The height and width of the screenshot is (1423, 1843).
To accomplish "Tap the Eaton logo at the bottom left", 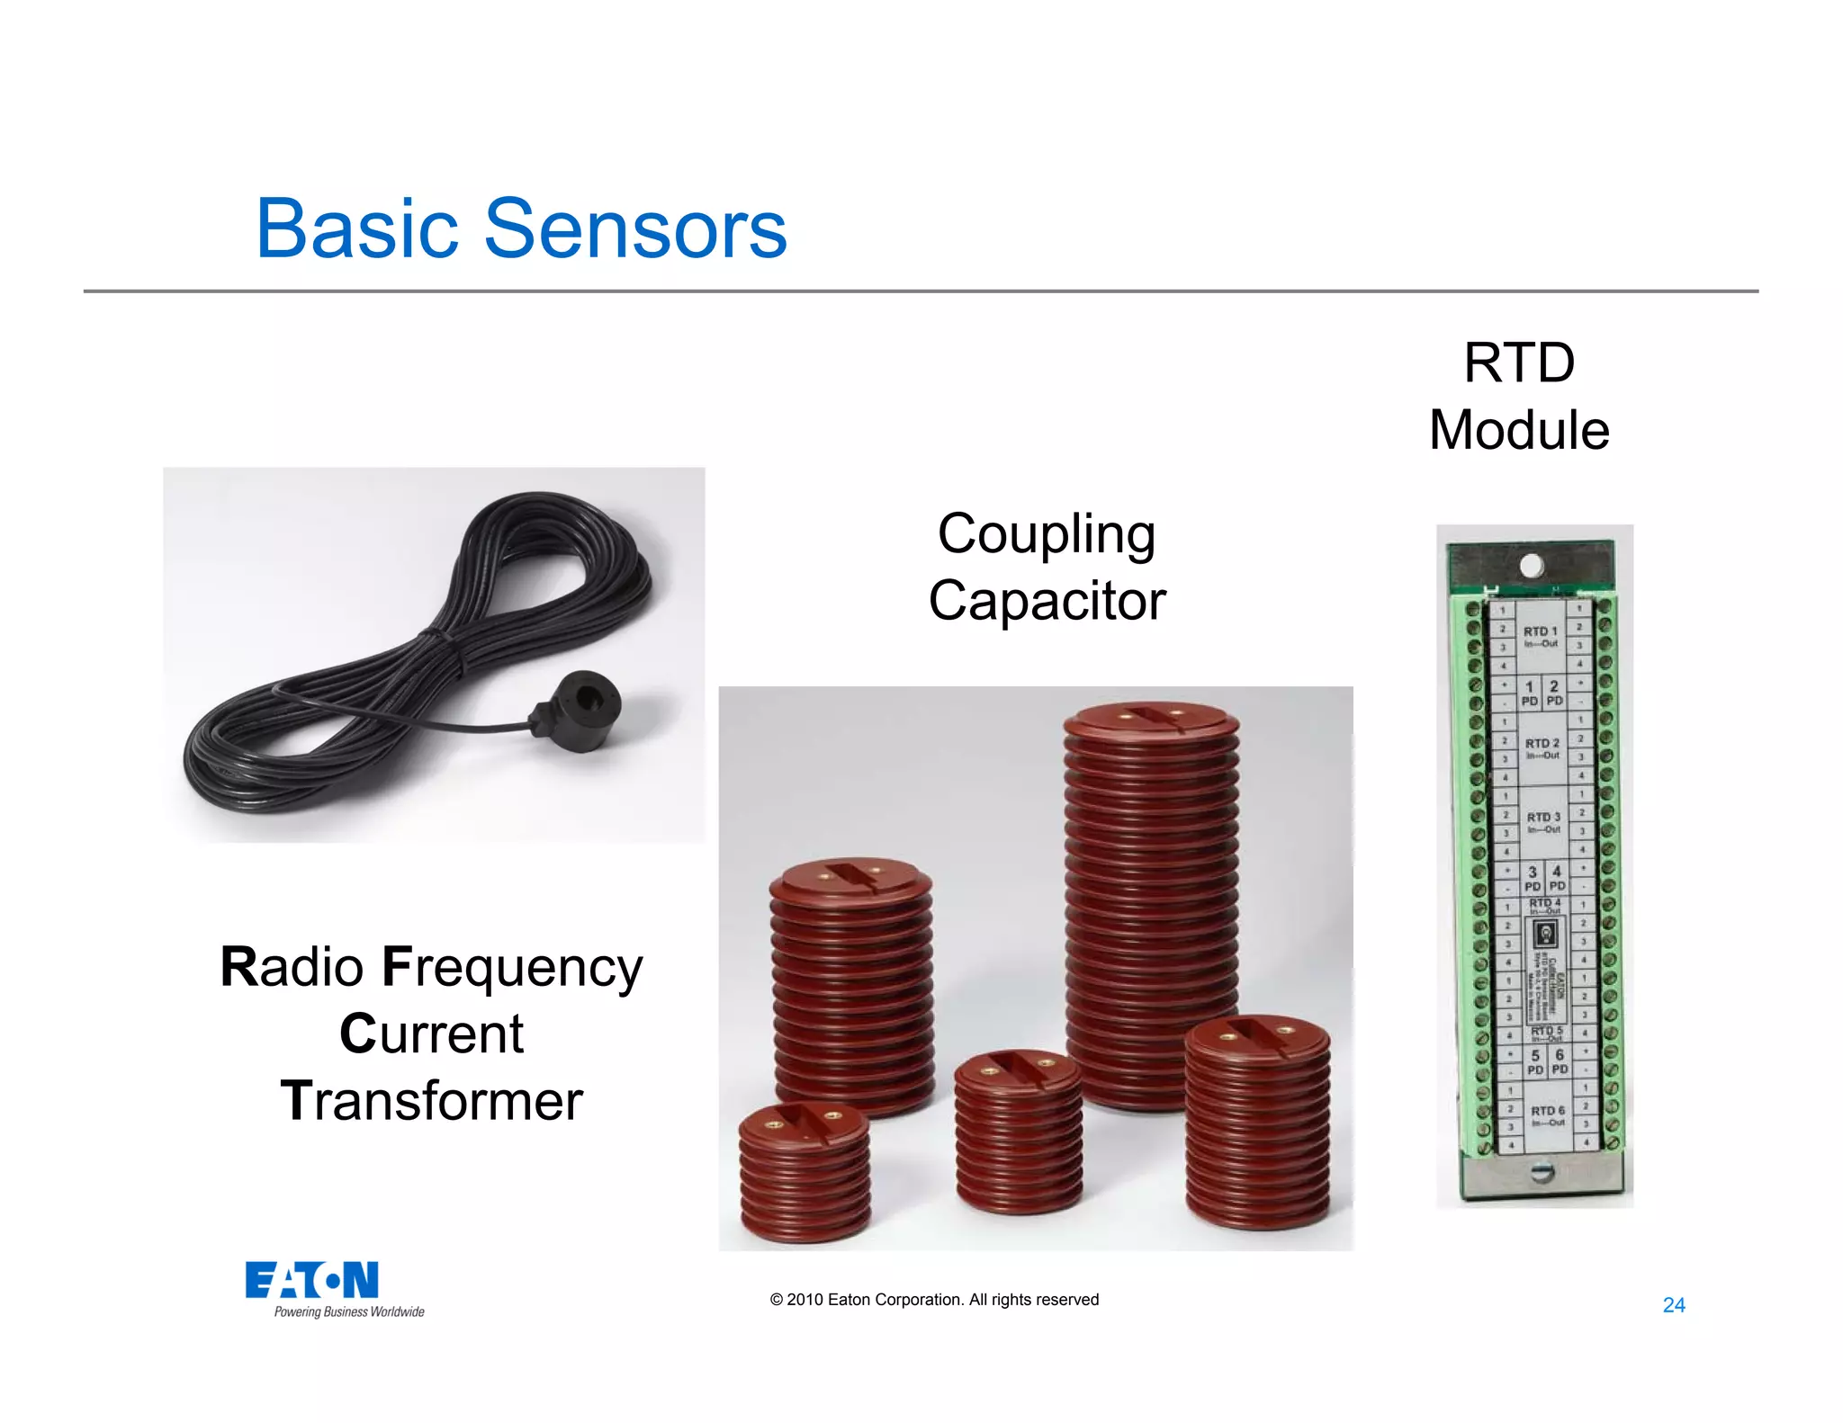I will [x=311, y=1280].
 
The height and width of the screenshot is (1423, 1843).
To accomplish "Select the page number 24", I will [x=1673, y=1305].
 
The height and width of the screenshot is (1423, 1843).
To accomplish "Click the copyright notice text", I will [x=934, y=1300].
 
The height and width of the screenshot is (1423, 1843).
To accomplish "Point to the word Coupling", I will [x=1046, y=533].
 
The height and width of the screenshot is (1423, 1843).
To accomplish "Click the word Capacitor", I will [x=1047, y=601].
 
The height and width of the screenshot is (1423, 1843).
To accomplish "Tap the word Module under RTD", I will [x=1519, y=430].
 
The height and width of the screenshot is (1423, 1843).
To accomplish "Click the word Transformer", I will [x=432, y=1100].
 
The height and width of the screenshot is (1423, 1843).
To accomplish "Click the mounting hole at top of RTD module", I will [x=1532, y=566].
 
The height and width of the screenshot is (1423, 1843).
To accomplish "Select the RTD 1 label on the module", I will [x=1540, y=631].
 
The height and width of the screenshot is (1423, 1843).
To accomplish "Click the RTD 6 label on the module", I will [x=1547, y=1111].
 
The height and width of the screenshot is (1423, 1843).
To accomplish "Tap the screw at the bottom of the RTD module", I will [x=1540, y=1172].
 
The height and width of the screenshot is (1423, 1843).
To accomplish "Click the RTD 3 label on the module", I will [x=1542, y=817].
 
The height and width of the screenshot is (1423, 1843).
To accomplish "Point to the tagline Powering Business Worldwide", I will [x=349, y=1312].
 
